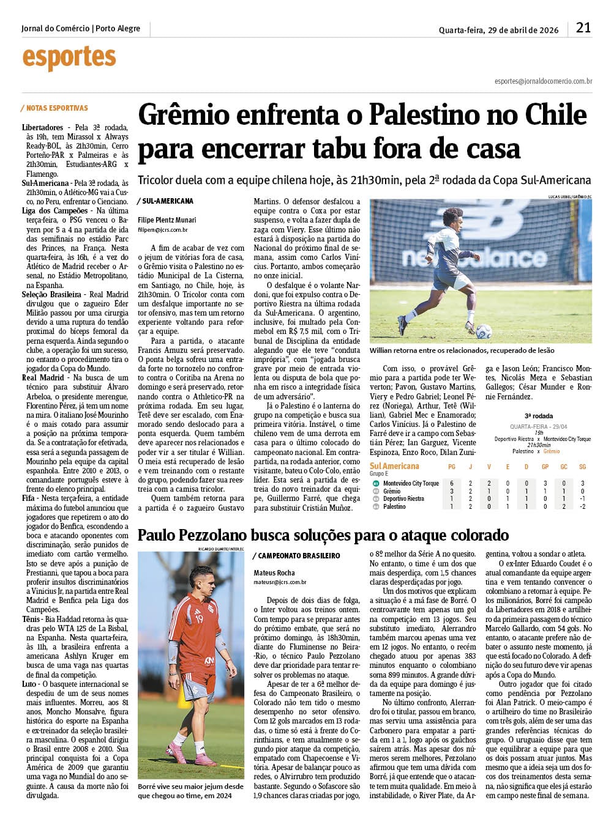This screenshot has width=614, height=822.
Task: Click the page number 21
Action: tap(583, 28)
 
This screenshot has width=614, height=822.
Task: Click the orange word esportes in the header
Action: tap(69, 58)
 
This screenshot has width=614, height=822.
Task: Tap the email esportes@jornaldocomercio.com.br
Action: tap(543, 81)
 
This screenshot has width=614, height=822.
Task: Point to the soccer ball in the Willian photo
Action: tap(484, 331)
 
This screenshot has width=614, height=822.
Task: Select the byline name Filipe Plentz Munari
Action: tap(167, 220)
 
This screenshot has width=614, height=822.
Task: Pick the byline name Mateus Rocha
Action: tap(274, 573)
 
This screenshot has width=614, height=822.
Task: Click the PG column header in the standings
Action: tap(452, 467)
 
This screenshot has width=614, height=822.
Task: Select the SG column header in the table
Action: tap(582, 467)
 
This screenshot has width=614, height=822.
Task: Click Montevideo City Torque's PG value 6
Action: tap(452, 483)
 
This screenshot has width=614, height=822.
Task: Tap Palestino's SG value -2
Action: tap(582, 507)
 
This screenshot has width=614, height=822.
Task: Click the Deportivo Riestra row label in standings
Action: tap(403, 499)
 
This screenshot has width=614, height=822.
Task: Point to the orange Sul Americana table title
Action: tap(394, 466)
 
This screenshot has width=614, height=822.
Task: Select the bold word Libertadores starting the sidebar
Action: tap(42, 128)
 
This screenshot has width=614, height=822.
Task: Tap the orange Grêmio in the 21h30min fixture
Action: tap(552, 451)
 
